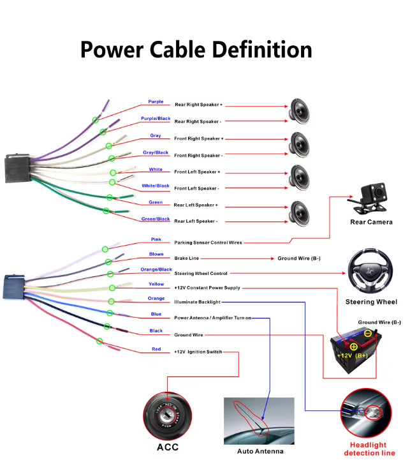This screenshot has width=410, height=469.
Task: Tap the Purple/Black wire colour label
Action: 156,119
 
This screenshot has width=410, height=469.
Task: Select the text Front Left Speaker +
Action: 197,172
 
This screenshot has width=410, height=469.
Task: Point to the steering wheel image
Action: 370,271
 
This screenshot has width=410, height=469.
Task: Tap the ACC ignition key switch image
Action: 167,415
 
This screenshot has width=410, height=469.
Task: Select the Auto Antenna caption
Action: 260,451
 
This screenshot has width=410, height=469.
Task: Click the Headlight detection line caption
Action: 369,449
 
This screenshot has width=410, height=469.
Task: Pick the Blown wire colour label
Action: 156,254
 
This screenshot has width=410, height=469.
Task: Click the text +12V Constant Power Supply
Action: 207,288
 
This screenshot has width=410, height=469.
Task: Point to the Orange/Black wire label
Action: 156,269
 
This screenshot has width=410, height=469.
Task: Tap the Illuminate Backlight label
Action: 197,302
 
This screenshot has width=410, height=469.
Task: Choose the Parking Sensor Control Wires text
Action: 208,242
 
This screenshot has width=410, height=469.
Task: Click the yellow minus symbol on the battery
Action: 368,333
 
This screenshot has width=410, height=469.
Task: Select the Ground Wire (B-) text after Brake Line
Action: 299,258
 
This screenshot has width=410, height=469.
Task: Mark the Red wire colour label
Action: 156,349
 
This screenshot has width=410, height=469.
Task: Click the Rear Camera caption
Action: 372,222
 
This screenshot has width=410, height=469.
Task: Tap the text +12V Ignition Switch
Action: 198,352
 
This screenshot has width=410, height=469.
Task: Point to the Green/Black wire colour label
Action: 156,219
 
